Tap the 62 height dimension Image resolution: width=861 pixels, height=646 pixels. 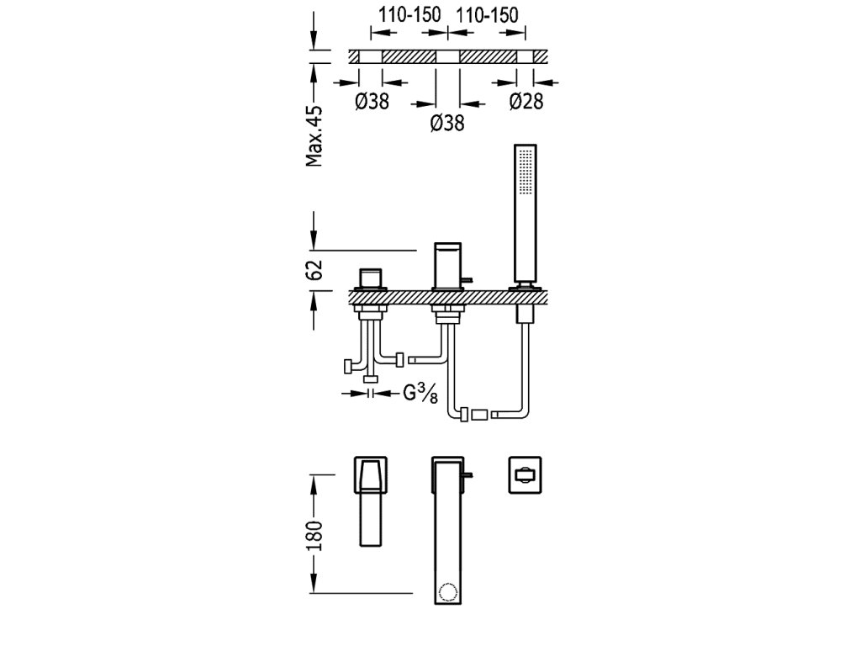(314, 270)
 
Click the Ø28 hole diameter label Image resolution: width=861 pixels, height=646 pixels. (526, 102)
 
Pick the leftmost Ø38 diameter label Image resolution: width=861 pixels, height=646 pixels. (372, 102)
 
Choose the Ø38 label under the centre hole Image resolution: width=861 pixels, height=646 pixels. (447, 123)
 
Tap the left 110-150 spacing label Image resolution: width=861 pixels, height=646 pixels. (408, 14)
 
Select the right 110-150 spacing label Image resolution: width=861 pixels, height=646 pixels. (487, 14)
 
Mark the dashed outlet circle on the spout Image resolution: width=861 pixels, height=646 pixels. (446, 590)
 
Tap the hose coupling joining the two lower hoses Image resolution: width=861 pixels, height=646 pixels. (479, 414)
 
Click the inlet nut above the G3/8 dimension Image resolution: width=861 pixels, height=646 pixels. (370, 381)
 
